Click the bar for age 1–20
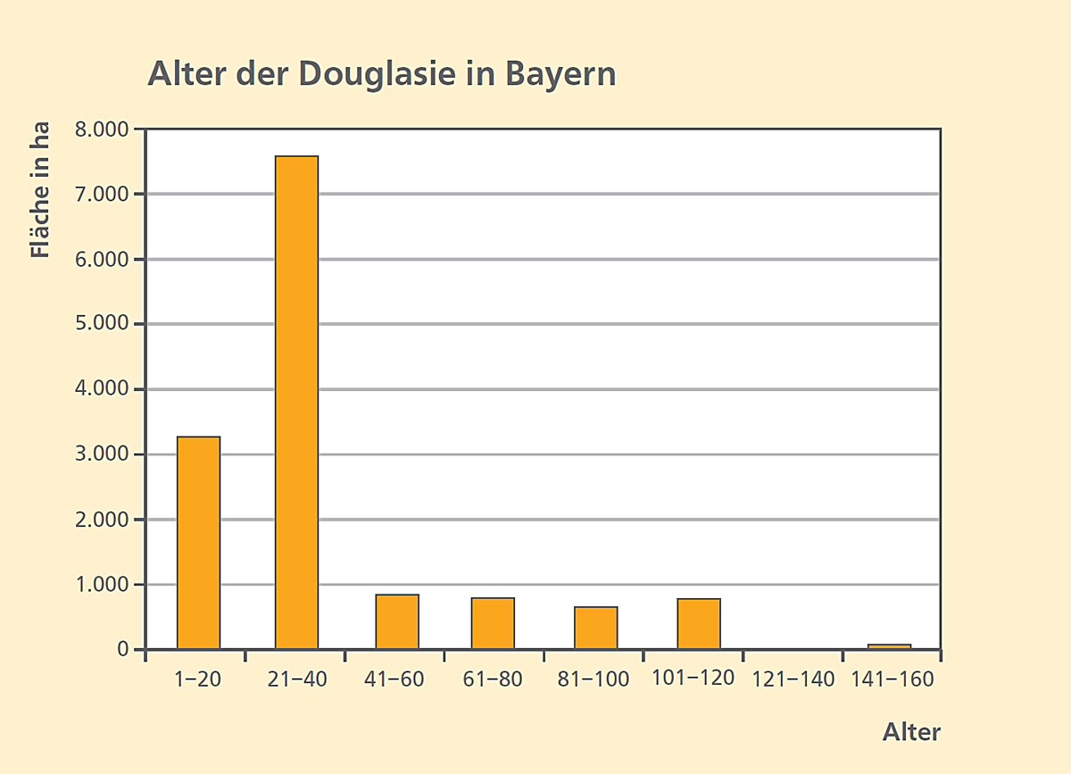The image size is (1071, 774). pyautogui.click(x=198, y=542)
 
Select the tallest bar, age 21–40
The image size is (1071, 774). pyautogui.click(x=296, y=402)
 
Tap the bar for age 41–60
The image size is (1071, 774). pyautogui.click(x=397, y=621)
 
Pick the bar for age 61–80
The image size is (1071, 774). pyautogui.click(x=493, y=623)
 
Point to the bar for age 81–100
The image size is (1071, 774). pyautogui.click(x=595, y=628)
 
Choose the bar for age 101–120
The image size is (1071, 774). pyautogui.click(x=699, y=623)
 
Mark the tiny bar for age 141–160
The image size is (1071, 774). pyautogui.click(x=889, y=646)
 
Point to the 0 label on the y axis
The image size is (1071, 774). pyautogui.click(x=122, y=649)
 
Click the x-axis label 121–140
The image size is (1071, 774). pyautogui.click(x=794, y=679)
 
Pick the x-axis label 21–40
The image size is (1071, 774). pyautogui.click(x=297, y=679)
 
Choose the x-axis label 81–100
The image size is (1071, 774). pyautogui.click(x=593, y=679)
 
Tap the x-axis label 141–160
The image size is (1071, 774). pyautogui.click(x=892, y=679)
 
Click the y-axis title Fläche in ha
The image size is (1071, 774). pyautogui.click(x=40, y=189)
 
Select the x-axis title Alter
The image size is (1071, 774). pyautogui.click(x=911, y=732)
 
